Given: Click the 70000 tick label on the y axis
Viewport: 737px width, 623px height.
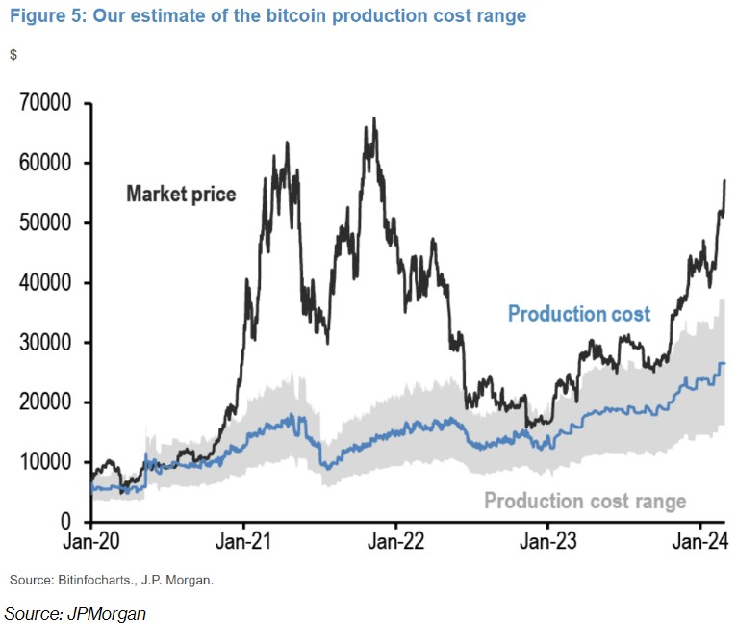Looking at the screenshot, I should (47, 103).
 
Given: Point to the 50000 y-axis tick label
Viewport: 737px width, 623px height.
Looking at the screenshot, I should (47, 222).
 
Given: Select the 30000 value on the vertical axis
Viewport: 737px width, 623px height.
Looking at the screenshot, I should (47, 342).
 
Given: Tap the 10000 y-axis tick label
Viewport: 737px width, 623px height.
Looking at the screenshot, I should (47, 461).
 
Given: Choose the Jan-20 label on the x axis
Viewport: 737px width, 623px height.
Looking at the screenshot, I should (90, 543).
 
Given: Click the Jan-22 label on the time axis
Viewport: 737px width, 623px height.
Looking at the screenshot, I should (395, 543).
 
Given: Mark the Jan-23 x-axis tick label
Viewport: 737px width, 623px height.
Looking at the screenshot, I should (547, 543).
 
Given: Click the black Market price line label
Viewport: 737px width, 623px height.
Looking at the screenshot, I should (181, 195).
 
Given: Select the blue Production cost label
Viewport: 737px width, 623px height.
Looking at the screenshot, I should (579, 314).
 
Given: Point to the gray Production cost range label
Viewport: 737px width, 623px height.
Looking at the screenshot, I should (585, 501).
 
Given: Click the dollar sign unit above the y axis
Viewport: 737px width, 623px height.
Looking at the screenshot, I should (13, 55).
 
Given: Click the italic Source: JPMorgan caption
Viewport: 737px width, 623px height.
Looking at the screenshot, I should (75, 611).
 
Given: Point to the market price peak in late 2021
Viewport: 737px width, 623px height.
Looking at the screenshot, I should (374, 118).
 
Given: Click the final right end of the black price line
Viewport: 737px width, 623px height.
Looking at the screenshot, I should (724, 180).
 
